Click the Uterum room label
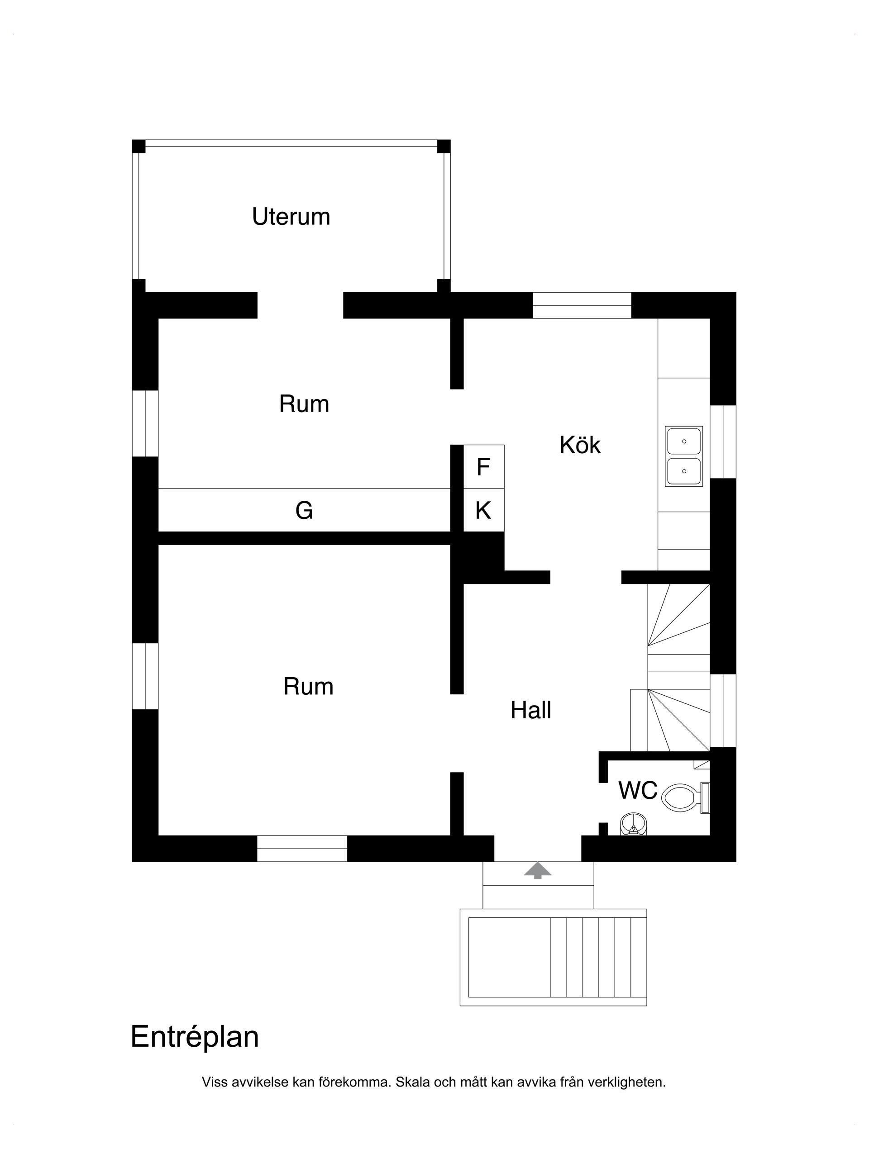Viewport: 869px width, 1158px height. click(x=291, y=217)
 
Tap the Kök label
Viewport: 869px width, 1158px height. click(x=580, y=445)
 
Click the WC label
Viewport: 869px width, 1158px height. click(x=637, y=791)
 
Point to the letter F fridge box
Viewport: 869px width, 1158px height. click(x=483, y=466)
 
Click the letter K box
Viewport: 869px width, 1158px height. click(x=483, y=510)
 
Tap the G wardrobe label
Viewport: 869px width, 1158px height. click(x=304, y=510)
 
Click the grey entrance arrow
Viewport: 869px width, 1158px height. click(x=537, y=870)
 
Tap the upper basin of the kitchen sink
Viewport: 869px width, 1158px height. click(x=683, y=441)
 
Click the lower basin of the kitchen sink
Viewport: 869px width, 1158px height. click(x=683, y=470)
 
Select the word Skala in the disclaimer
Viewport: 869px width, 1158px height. click(x=412, y=1082)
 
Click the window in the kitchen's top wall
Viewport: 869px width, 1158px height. click(x=582, y=305)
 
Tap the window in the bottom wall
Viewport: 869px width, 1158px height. click(x=302, y=848)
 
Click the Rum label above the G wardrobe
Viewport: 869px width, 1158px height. click(x=304, y=403)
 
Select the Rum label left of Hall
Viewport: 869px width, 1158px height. click(x=308, y=686)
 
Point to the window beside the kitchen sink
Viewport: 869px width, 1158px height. click(x=723, y=441)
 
